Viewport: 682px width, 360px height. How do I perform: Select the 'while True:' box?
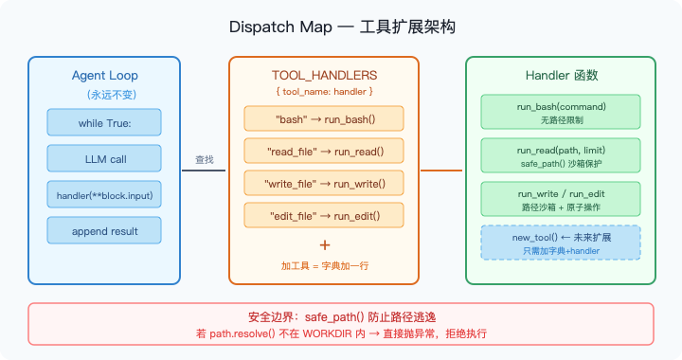pyautogui.click(x=104, y=123)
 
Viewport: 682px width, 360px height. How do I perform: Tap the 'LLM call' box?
pyautogui.click(x=104, y=159)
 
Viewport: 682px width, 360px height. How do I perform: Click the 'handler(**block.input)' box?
pyautogui.click(x=104, y=195)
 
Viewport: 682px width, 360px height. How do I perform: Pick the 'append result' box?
pyautogui.click(x=104, y=231)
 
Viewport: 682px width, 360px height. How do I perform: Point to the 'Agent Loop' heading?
pyautogui.click(x=104, y=75)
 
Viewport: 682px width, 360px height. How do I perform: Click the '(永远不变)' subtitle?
pyautogui.click(x=104, y=94)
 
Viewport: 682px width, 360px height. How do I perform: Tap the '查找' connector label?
pyautogui.click(x=205, y=159)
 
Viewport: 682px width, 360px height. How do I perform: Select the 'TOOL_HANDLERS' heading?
pyautogui.click(x=324, y=75)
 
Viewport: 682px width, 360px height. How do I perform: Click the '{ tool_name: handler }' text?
pyautogui.click(x=324, y=91)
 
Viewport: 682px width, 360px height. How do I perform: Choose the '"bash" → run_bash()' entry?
pyautogui.click(x=324, y=118)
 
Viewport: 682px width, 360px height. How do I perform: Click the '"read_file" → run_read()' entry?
pyautogui.click(x=324, y=151)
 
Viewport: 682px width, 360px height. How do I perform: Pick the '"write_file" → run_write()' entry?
pyautogui.click(x=324, y=183)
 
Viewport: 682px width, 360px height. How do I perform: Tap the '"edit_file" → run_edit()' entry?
pyautogui.click(x=324, y=215)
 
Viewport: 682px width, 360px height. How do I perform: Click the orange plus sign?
pyautogui.click(x=325, y=243)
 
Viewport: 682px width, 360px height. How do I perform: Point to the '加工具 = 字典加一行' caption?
pyautogui.click(x=325, y=265)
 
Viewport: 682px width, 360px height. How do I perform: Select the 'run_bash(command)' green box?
pyautogui.click(x=561, y=112)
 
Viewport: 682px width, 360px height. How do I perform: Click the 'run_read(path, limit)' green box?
pyautogui.click(x=561, y=156)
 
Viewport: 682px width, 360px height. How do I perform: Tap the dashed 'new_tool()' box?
pyautogui.click(x=561, y=243)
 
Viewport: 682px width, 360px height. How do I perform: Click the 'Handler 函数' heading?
pyautogui.click(x=561, y=75)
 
